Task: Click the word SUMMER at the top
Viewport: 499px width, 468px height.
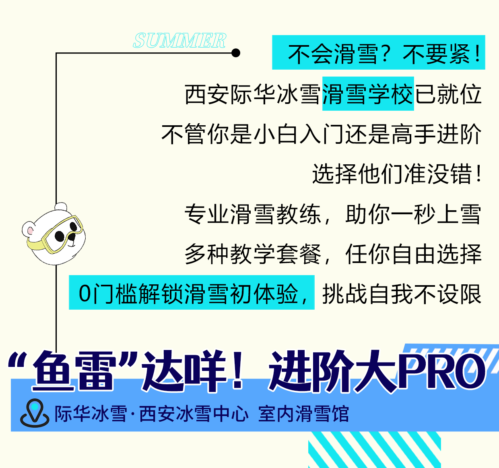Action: click(179, 40)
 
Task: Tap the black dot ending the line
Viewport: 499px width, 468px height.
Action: click(236, 53)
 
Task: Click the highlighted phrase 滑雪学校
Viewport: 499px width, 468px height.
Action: click(368, 94)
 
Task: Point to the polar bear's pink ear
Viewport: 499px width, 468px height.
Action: click(30, 230)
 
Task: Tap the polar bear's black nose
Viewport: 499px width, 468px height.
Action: click(72, 236)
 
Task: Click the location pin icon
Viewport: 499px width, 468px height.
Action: click(35, 413)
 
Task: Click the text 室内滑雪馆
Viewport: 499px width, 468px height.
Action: click(303, 414)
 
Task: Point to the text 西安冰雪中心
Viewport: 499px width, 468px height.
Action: click(194, 414)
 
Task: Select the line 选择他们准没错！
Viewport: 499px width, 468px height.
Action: click(397, 174)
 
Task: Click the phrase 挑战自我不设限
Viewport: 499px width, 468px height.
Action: click(402, 294)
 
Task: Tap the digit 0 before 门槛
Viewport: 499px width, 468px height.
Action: click(85, 294)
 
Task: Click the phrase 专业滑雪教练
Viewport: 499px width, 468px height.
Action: click(253, 214)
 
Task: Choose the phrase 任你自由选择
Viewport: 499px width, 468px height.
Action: click(414, 254)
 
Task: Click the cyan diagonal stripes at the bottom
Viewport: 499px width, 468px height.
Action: click(374, 449)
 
